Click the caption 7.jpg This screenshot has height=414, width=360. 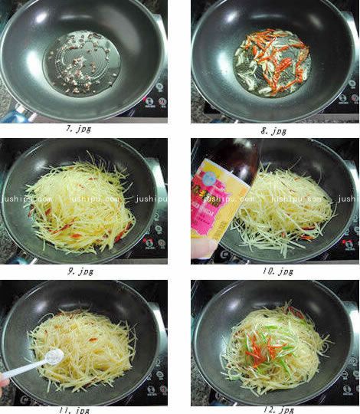78,130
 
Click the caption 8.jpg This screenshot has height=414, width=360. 273,131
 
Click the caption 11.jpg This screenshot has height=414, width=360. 77,409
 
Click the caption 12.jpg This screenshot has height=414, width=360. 274,409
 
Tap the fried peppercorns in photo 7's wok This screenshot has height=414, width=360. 80,61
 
